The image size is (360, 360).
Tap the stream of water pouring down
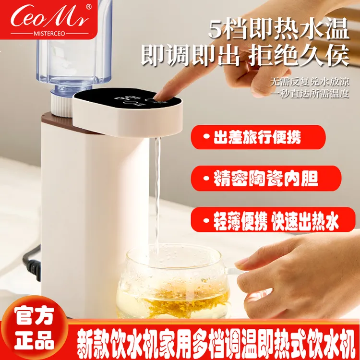(x=156, y=192)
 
